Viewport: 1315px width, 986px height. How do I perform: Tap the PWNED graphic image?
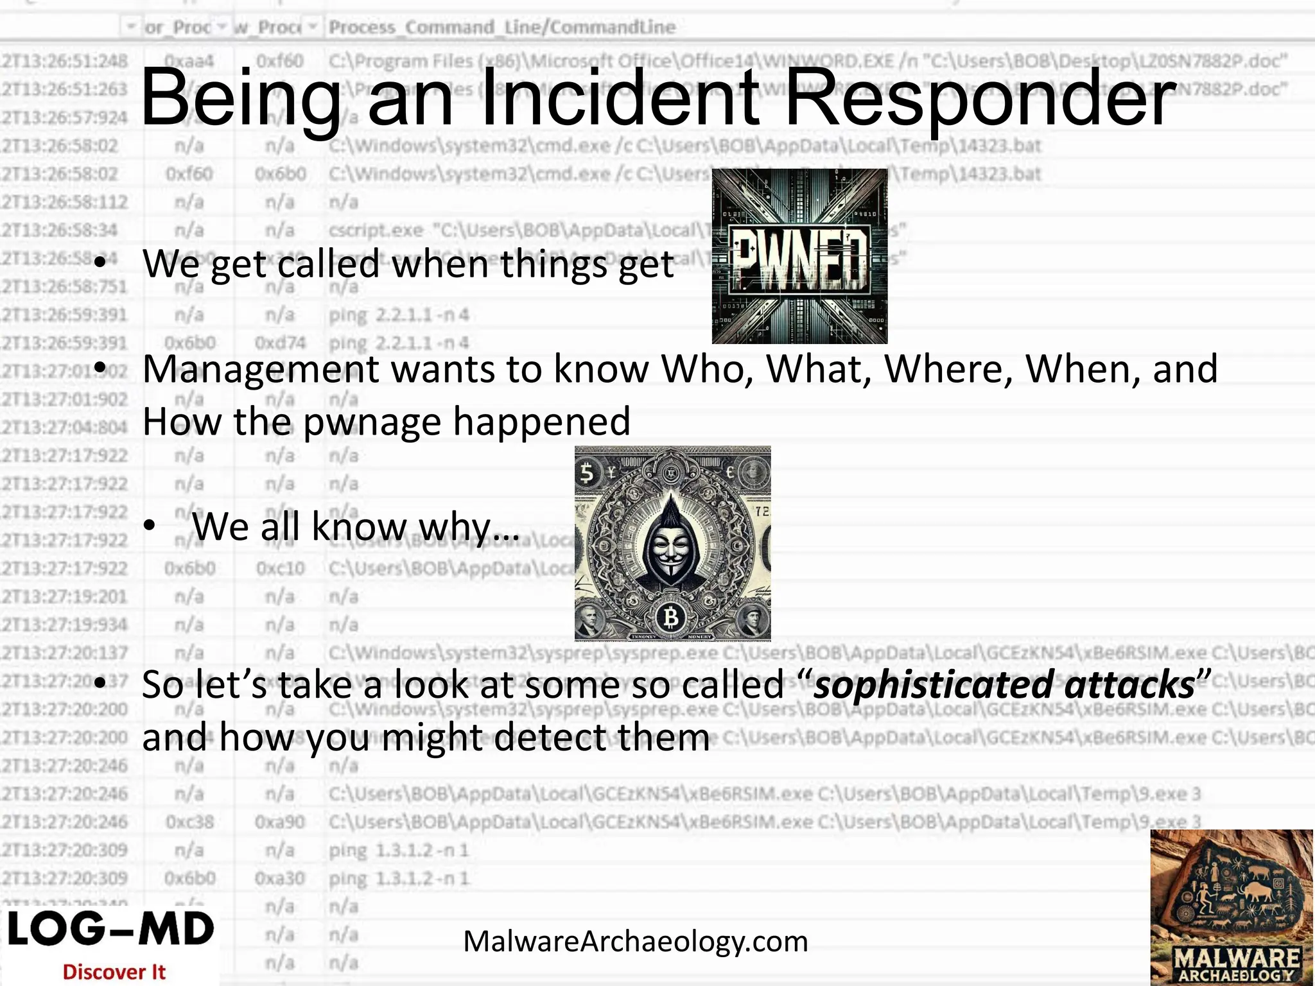tap(799, 256)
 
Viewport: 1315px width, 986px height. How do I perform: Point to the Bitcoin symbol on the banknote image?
tap(671, 618)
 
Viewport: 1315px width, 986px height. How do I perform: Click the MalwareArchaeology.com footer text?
tap(635, 942)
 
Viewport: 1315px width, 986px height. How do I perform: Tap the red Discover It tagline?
tap(114, 972)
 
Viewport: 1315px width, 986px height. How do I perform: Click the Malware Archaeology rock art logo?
tap(1232, 907)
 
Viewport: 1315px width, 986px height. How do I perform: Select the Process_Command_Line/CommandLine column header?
tap(501, 27)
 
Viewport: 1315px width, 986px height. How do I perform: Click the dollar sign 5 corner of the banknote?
tap(587, 474)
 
